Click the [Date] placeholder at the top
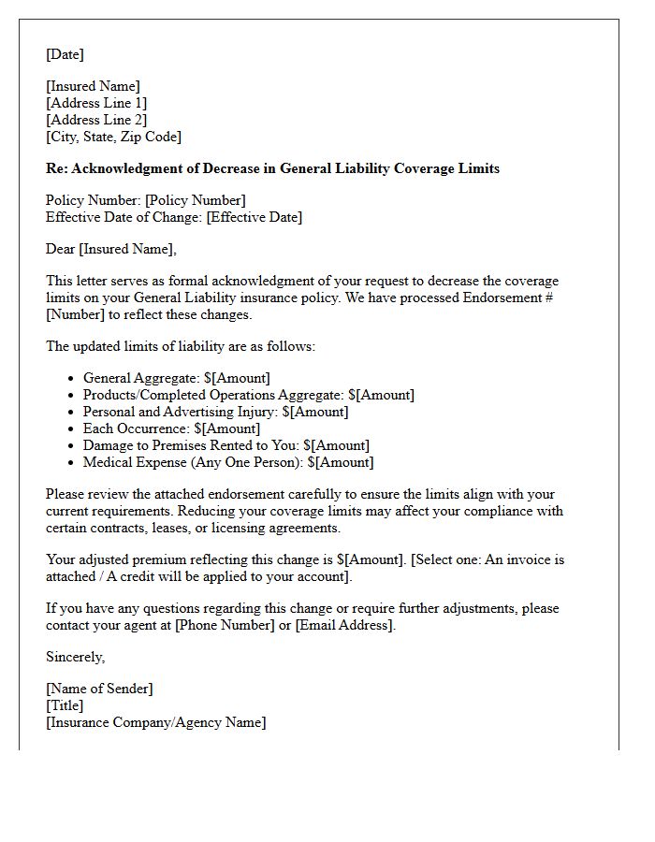click(65, 54)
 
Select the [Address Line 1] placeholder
click(96, 103)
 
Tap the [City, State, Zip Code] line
click(113, 137)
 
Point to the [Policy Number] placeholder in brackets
click(195, 200)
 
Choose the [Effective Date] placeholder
click(254, 217)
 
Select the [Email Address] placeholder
click(344, 625)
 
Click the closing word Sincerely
click(75, 657)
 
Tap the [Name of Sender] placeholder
click(99, 689)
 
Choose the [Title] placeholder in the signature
click(65, 705)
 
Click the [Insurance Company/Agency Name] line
click(155, 722)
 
